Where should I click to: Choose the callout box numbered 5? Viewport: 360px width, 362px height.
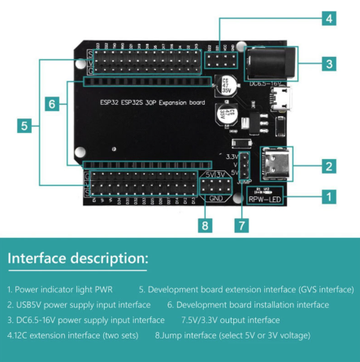click(x=25, y=125)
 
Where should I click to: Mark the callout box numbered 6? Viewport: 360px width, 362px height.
click(x=51, y=104)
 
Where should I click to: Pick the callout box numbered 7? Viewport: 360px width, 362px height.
click(x=241, y=226)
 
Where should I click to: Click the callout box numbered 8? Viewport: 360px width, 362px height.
click(x=206, y=226)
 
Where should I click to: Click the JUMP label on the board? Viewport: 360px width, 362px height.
click(x=243, y=181)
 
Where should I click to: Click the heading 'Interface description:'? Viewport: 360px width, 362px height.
click(x=78, y=259)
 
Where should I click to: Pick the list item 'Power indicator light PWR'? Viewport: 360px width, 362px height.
click(x=61, y=289)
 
